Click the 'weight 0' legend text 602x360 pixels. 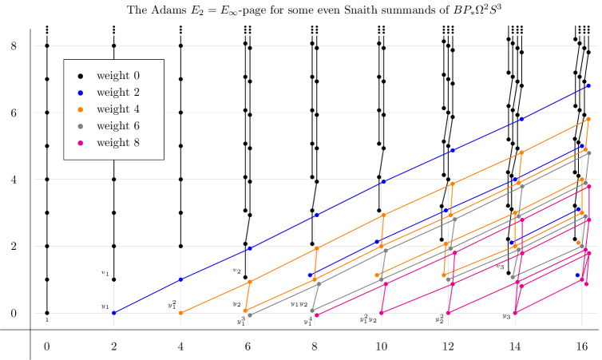point(117,76)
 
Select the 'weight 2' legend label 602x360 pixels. point(117,93)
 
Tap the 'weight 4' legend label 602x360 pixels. point(117,109)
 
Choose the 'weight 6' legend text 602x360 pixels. point(117,126)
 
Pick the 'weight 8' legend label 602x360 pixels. point(117,143)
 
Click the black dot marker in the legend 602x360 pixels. point(80,77)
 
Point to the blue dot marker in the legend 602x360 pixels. point(80,93)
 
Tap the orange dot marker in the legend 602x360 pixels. point(80,110)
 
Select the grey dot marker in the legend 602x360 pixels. point(80,127)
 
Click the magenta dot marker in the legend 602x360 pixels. point(80,144)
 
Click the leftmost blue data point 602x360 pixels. point(113,313)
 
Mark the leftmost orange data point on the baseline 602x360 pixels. point(180,313)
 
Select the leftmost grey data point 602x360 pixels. point(250,315)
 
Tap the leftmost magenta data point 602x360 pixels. point(317,315)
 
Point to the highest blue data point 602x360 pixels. point(588,85)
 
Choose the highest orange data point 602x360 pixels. point(588,119)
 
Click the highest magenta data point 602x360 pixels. point(588,187)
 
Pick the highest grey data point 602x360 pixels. point(588,152)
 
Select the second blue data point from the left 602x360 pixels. point(180,279)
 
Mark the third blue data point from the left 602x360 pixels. point(250,248)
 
